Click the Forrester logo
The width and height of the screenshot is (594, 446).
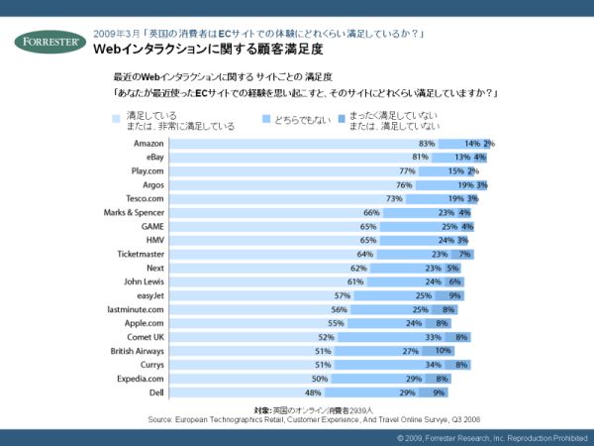point(49,41)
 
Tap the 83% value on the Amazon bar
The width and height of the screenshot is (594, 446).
point(427,144)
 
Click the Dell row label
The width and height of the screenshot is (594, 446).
point(154,391)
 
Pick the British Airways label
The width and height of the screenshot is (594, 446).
point(137,350)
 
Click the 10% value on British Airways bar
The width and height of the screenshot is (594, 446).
point(443,350)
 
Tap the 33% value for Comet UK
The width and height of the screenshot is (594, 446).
point(433,337)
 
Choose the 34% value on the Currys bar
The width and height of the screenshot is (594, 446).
point(432,364)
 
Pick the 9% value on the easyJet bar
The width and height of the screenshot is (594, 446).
point(454,295)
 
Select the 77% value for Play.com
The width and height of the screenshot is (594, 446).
point(405,171)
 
